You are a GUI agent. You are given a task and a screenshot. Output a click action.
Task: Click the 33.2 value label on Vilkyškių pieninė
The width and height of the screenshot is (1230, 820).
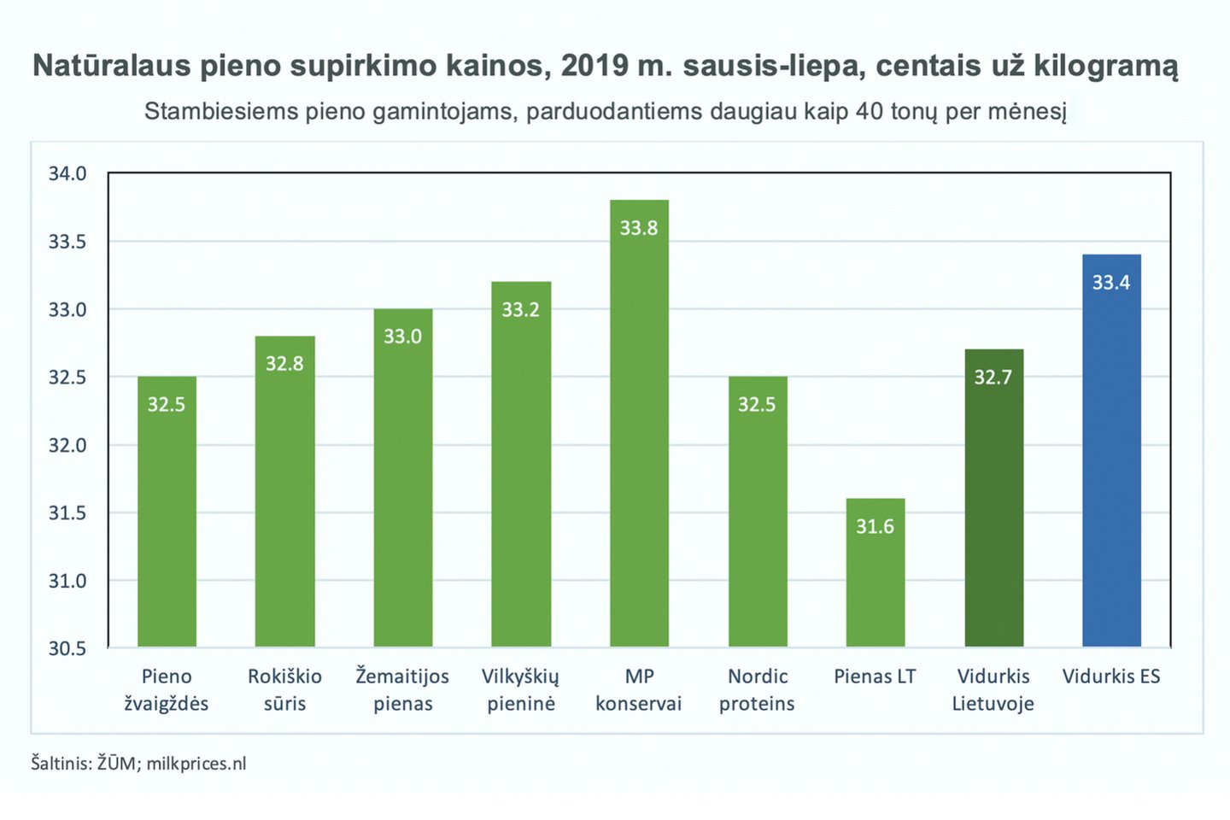coord(520,309)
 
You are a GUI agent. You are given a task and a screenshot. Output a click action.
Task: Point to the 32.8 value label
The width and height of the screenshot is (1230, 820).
coord(284,364)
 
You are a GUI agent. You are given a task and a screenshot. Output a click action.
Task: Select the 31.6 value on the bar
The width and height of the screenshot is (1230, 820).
coord(876,526)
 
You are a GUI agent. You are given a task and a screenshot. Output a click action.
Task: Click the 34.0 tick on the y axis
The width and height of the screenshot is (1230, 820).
coord(67,174)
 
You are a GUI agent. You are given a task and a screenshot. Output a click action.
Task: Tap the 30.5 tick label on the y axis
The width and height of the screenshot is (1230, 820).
coord(67,648)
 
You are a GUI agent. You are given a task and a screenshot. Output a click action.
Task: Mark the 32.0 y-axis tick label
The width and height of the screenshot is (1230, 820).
coord(67,445)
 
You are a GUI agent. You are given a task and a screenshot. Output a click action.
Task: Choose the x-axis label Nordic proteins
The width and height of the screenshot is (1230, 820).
coord(757,690)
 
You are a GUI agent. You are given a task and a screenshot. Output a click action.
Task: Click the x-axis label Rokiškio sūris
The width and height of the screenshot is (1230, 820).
coord(284,690)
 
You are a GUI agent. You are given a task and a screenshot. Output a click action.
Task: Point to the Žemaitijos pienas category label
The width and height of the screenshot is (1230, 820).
coord(402,690)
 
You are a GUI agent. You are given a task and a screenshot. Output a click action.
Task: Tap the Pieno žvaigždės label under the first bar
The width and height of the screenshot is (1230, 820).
coord(167,690)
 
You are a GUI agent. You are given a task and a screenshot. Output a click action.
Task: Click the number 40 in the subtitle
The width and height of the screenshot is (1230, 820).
coord(869,112)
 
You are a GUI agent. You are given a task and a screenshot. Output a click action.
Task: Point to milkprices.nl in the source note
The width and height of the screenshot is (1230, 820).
coord(196,764)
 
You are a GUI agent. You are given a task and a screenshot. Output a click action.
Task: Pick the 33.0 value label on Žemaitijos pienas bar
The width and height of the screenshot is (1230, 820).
coord(402,337)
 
